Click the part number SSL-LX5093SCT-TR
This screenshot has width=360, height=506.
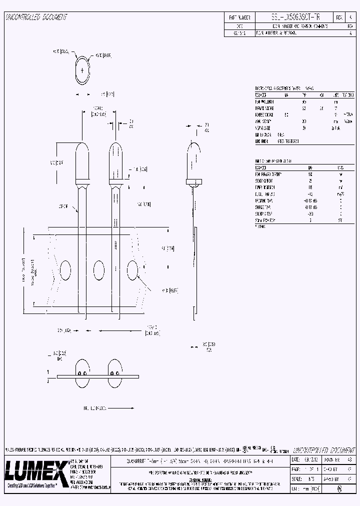coord(288,17)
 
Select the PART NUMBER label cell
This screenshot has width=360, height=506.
coord(239,17)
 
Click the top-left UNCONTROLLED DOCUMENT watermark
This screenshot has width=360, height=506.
coord(36,17)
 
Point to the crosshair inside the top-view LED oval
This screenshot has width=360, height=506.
coord(82,70)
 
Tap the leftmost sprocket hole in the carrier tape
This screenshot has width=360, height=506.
coord(65,270)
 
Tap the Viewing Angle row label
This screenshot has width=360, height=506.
coord(265,127)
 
